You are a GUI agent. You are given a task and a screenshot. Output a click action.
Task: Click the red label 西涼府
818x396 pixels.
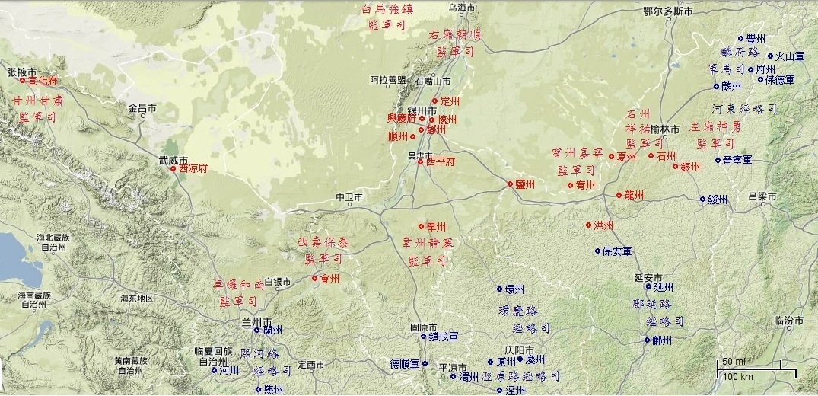pos(193,169)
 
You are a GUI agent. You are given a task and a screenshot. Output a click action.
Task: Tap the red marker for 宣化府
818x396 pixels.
pos(23,80)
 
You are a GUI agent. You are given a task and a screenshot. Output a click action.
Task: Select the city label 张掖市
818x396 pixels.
pos(23,72)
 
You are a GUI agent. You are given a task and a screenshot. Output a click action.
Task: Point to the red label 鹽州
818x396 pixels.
pos(525,184)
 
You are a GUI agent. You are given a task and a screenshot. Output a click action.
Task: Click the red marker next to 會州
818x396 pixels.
pos(314,278)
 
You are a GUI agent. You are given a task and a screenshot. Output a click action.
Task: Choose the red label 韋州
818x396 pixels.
pos(436,227)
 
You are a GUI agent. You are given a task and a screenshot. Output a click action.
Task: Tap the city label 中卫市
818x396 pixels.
pos(349,198)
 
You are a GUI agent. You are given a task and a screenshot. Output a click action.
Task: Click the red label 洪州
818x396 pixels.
pos(604,225)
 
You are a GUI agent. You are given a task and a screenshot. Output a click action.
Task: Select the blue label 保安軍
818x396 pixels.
pos(617,251)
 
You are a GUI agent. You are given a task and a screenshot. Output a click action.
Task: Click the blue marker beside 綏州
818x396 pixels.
pos(702,200)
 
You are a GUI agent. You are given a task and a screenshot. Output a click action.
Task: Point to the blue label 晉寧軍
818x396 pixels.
pos(738,161)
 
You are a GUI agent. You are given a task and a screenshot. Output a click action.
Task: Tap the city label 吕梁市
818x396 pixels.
pos(762,196)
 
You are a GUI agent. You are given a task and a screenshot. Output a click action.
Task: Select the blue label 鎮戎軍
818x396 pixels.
pos(442,336)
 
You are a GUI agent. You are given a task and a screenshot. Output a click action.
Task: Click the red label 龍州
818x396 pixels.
pos(634,196)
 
